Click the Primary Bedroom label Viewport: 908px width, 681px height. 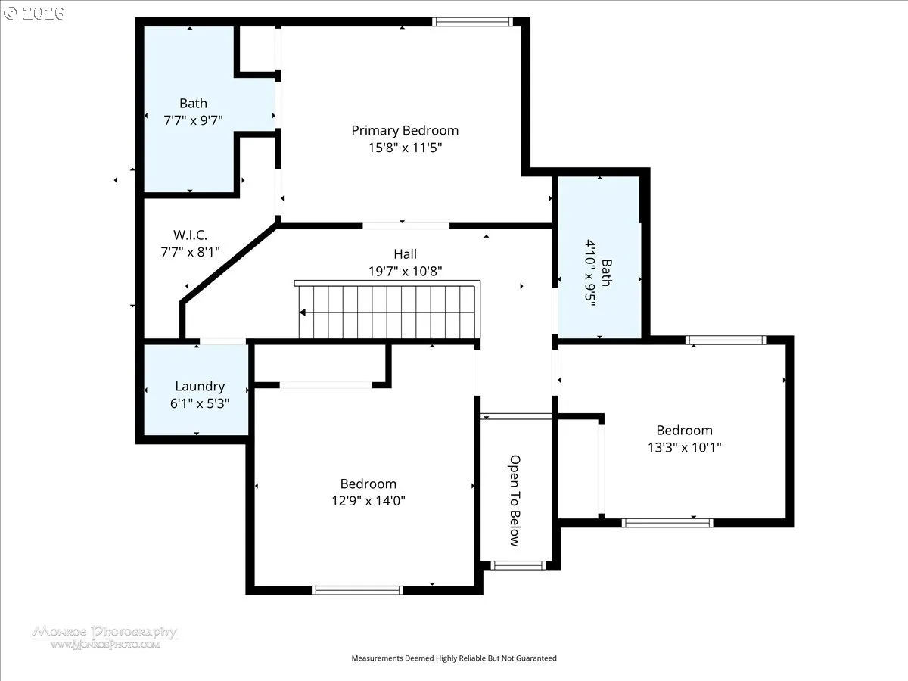[x=405, y=131]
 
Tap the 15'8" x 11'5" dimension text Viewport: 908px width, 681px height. [x=405, y=148]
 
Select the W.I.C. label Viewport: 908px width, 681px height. [x=190, y=235]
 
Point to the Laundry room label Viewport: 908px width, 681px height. [x=200, y=386]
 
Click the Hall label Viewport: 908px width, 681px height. [x=405, y=254]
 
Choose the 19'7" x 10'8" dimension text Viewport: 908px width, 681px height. [x=405, y=271]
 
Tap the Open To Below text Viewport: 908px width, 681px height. [x=515, y=501]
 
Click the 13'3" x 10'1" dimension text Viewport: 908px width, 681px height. [x=684, y=447]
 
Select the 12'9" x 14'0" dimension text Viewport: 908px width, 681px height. [x=368, y=501]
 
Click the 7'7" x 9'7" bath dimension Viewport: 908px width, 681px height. [x=193, y=120]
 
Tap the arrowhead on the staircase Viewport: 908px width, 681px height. [x=303, y=313]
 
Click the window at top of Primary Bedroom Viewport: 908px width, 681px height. [x=472, y=22]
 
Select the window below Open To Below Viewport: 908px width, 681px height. [x=518, y=565]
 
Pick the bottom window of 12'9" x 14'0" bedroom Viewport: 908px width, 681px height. [x=357, y=590]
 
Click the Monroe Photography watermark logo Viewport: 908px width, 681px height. [x=105, y=637]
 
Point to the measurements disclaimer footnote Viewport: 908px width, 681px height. [x=454, y=658]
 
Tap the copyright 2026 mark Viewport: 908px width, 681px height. [x=33, y=13]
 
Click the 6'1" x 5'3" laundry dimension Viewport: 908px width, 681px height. [x=200, y=403]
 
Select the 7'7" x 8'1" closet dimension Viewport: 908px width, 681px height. [x=190, y=252]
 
